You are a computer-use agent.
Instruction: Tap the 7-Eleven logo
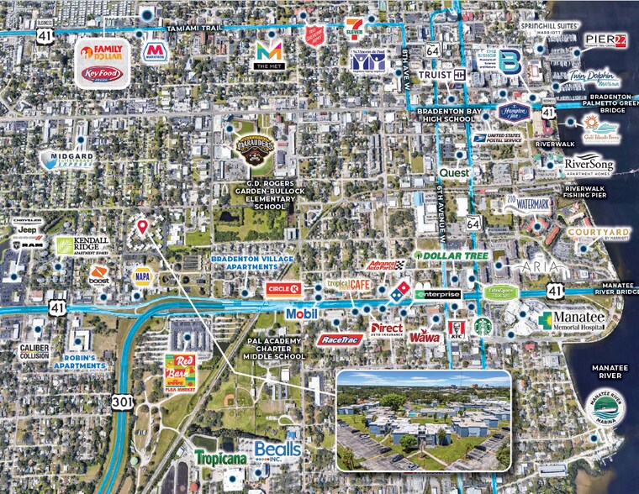pos(354,30)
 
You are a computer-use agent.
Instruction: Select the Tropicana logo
pos(221,458)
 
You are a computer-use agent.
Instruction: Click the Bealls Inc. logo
pos(277,454)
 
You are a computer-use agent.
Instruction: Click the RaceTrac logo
pos(340,339)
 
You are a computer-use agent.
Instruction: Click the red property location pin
pos(142,227)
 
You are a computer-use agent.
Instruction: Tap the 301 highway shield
pos(122,403)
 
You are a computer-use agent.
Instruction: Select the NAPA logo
pos(142,275)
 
